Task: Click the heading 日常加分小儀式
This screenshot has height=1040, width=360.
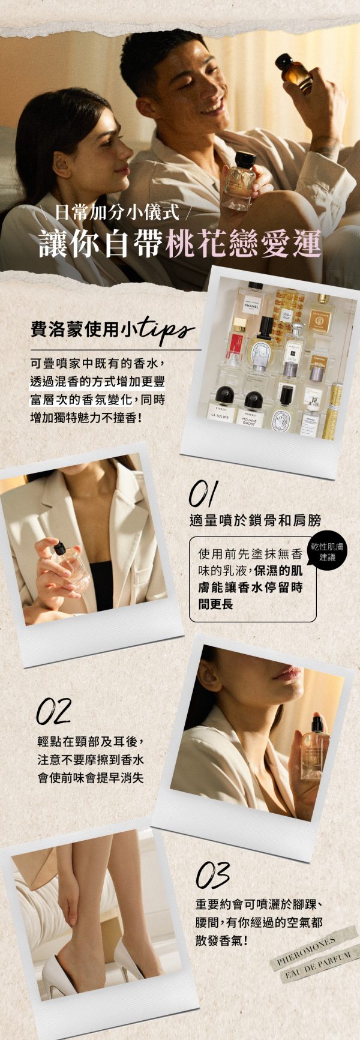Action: click(x=117, y=212)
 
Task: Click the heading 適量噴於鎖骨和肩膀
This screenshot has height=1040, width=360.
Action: click(x=256, y=520)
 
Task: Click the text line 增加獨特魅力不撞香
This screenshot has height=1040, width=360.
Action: click(x=87, y=415)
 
